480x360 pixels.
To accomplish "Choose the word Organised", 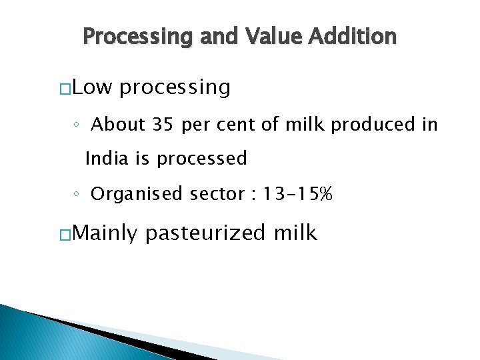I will tap(137, 194).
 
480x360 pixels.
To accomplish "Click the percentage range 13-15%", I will tap(297, 194).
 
